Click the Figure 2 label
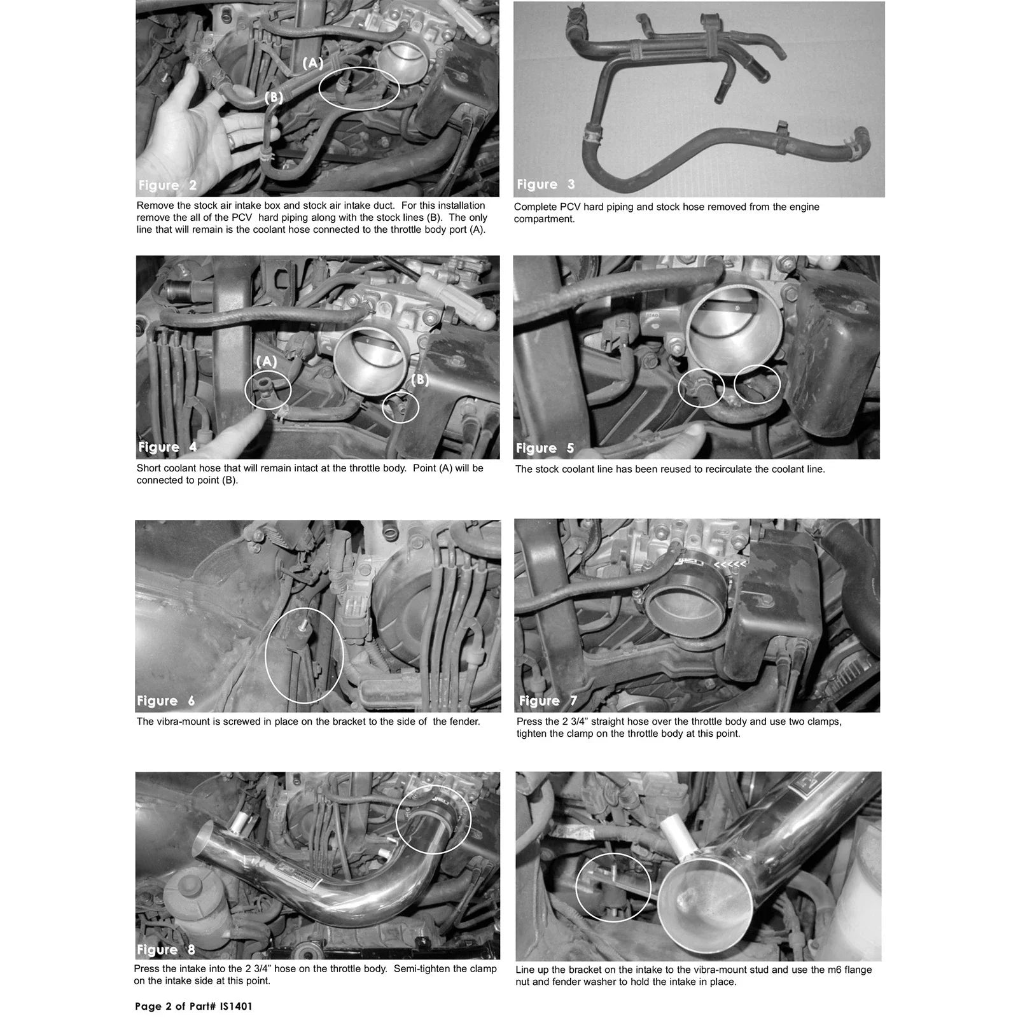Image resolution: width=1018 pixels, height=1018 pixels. click(167, 186)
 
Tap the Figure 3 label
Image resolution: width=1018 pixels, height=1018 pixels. click(546, 185)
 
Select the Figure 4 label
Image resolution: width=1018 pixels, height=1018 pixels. click(167, 447)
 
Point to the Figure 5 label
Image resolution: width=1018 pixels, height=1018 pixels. click(545, 449)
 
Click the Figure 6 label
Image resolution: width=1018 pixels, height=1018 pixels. click(166, 701)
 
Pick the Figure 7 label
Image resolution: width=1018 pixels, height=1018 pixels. click(548, 701)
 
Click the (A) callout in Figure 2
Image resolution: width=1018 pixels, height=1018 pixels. click(313, 62)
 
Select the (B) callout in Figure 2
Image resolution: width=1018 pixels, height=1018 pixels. click(274, 98)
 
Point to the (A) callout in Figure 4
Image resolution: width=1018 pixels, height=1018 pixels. click(267, 361)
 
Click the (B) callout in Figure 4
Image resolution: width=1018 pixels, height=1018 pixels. click(420, 380)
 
